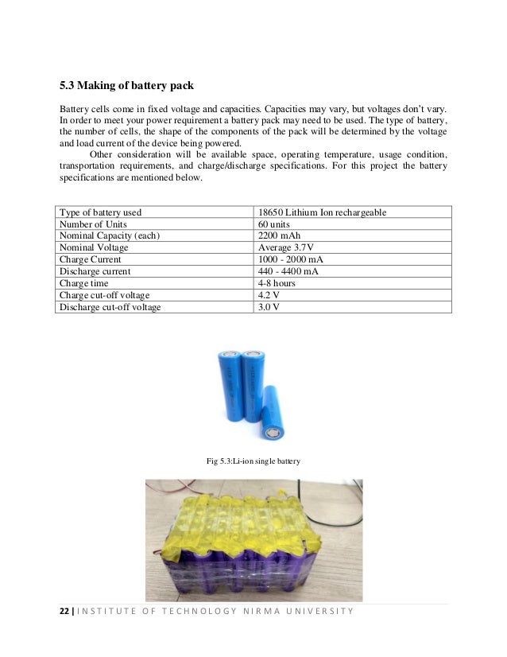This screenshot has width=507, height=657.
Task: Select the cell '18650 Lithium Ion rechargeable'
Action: (323, 212)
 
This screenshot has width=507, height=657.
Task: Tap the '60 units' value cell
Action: (274, 224)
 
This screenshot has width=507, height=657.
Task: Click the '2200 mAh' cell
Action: (278, 236)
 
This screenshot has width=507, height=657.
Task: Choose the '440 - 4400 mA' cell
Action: (288, 271)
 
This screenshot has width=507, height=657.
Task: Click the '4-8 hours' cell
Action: (276, 283)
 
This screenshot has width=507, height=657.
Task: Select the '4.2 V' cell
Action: (269, 295)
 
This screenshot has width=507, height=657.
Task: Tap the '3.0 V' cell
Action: (269, 307)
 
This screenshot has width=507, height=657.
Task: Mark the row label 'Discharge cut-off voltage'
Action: (110, 307)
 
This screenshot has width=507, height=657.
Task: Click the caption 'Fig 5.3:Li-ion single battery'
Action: (253, 461)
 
